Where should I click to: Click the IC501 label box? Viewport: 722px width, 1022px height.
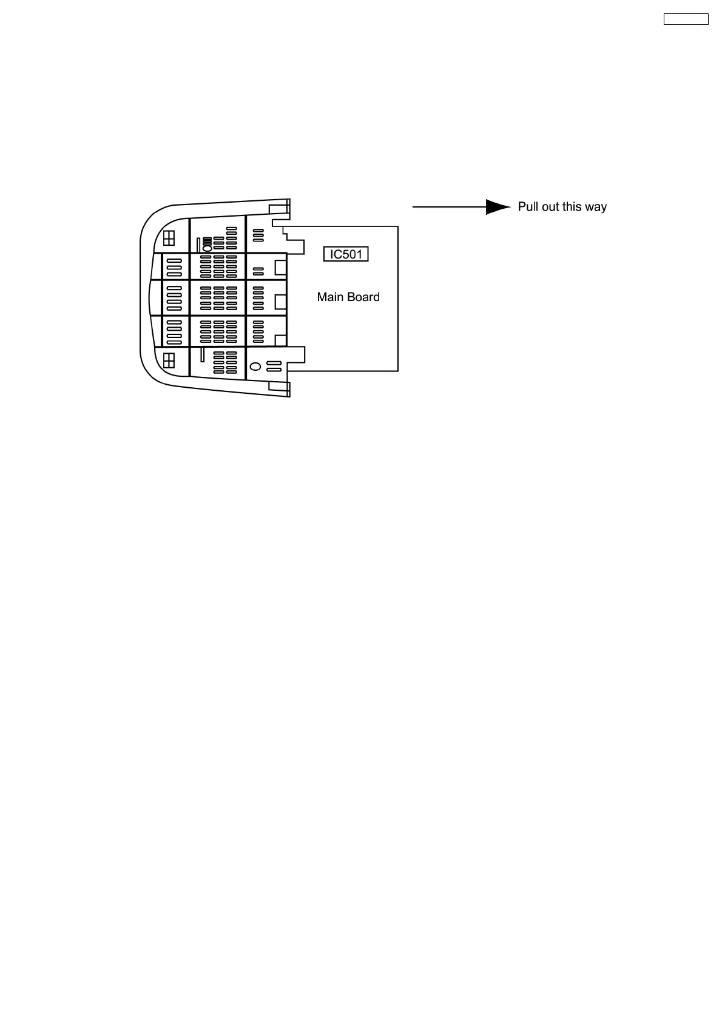pyautogui.click(x=346, y=254)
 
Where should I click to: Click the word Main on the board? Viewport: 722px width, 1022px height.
pyautogui.click(x=330, y=297)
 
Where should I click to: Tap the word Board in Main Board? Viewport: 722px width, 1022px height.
pyautogui.click(x=362, y=297)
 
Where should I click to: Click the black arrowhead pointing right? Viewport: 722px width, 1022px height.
pyautogui.click(x=498, y=207)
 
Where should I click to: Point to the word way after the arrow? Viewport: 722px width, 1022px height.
pyautogui.click(x=596, y=208)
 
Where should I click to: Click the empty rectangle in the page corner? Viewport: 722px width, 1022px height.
pyautogui.click(x=686, y=19)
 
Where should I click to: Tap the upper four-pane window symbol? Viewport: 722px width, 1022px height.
pyautogui.click(x=169, y=237)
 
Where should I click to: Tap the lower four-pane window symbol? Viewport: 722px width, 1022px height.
pyautogui.click(x=169, y=360)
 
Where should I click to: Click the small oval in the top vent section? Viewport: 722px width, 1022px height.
pyautogui.click(x=207, y=248)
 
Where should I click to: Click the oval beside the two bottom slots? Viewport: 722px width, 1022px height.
pyautogui.click(x=255, y=367)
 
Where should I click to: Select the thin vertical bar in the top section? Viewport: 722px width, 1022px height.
pyautogui.click(x=198, y=245)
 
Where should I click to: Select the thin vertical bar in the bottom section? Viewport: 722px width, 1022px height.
pyautogui.click(x=202, y=354)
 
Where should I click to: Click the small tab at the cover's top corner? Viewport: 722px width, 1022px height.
pyautogui.click(x=278, y=209)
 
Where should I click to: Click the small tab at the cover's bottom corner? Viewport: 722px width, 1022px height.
pyautogui.click(x=278, y=387)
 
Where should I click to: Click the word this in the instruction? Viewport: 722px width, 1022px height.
pyautogui.click(x=572, y=207)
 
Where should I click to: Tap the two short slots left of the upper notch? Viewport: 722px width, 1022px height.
pyautogui.click(x=258, y=270)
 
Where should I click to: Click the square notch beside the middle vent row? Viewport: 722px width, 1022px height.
pyautogui.click(x=280, y=301)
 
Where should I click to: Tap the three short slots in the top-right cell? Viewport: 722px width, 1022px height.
pyautogui.click(x=258, y=234)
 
